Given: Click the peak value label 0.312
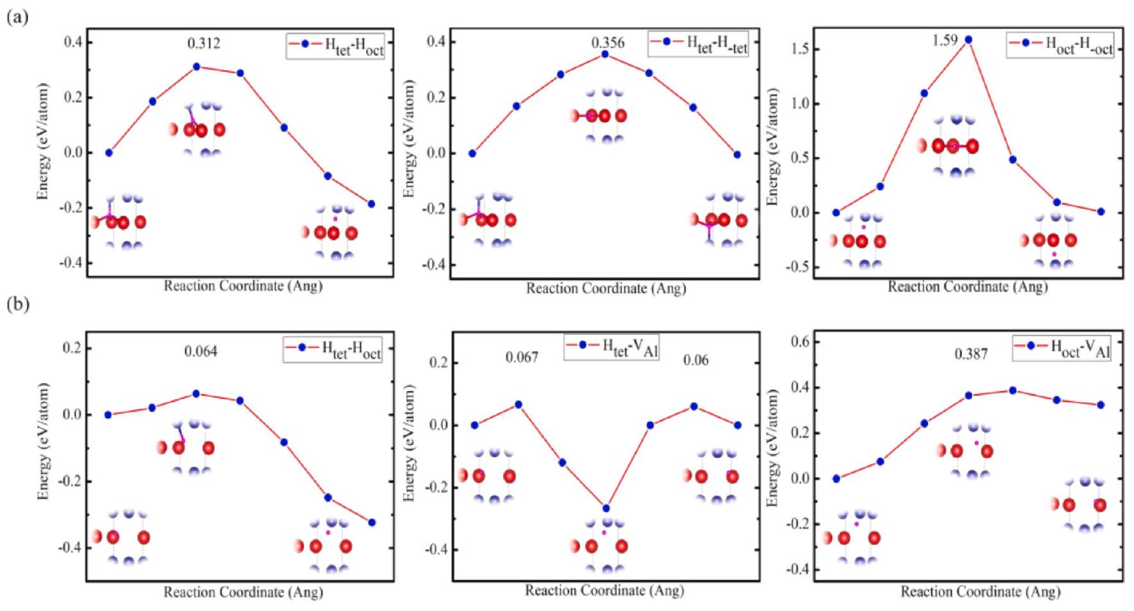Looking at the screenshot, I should (x=204, y=44).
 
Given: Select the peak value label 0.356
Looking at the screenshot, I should (x=607, y=43).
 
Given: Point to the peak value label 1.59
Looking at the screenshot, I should (x=945, y=40).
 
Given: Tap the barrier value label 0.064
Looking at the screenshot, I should (x=201, y=351).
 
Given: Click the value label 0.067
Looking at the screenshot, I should (x=522, y=357).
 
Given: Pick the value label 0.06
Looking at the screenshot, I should (x=696, y=360).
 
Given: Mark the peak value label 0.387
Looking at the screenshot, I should (x=970, y=354).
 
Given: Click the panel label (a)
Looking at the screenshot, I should (x=17, y=17).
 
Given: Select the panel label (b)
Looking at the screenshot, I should (x=18, y=304).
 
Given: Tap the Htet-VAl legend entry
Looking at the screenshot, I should (x=613, y=347).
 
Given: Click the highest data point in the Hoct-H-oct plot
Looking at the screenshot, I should (x=968, y=40).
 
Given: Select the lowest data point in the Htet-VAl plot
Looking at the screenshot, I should (x=606, y=509).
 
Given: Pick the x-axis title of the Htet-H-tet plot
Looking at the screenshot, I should (x=605, y=289).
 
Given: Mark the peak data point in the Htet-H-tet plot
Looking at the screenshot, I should (x=605, y=54).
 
